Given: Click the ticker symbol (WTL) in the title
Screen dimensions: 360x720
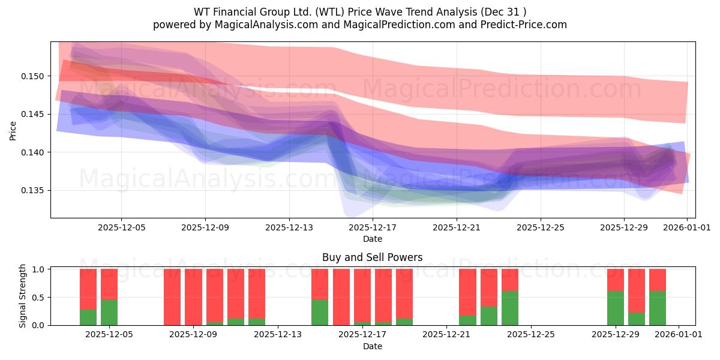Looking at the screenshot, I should tap(331, 12).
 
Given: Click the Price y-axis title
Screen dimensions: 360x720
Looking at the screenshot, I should tap(13, 130).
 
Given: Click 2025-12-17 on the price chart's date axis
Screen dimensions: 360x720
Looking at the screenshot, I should tap(373, 227).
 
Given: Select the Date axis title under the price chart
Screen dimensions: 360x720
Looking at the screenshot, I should tap(373, 239).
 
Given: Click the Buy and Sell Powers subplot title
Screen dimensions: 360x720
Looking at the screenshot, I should tap(373, 257).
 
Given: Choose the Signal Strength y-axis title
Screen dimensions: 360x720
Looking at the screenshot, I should tap(23, 296).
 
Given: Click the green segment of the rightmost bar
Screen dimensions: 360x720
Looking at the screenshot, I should tap(658, 308).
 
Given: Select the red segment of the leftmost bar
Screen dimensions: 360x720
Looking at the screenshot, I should tap(88, 289).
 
